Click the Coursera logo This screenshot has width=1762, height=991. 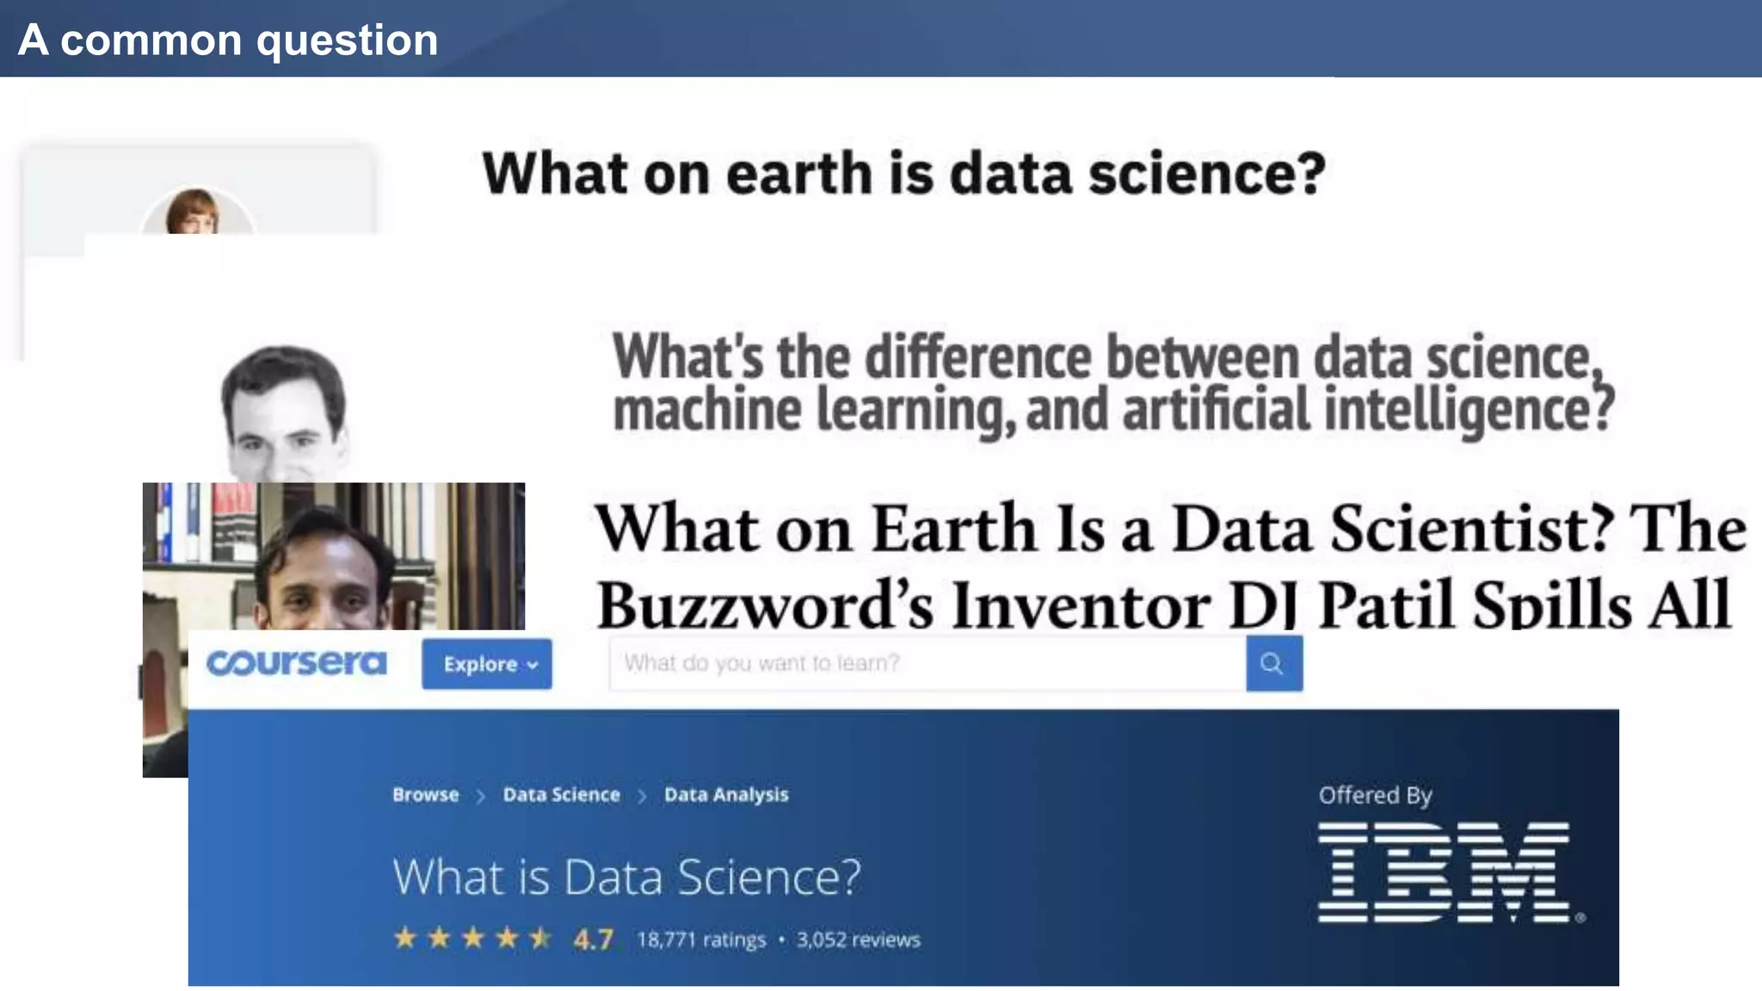(296, 663)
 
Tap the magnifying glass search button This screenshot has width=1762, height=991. (1273, 663)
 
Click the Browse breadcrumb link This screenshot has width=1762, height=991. (426, 795)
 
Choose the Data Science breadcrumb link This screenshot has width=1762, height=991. (561, 795)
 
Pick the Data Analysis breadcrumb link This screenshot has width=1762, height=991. (726, 795)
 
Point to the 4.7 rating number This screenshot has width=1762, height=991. (594, 939)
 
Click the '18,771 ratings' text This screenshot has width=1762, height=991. (701, 939)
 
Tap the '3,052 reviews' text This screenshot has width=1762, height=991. (858, 939)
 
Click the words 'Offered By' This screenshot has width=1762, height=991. (1375, 795)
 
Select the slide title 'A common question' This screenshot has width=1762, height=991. (228, 40)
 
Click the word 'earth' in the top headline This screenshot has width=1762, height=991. (799, 174)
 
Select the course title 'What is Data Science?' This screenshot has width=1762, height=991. (626, 877)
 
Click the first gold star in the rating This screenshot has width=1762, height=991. (405, 938)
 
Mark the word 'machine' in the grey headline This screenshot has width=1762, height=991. (706, 409)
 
